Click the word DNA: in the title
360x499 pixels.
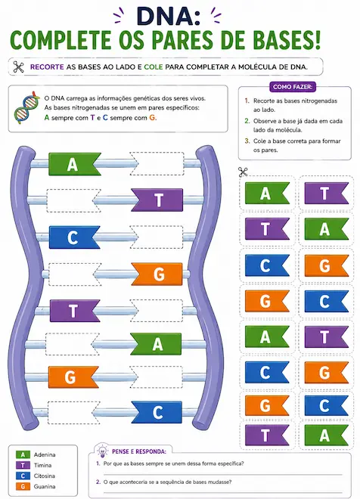coord(169,17)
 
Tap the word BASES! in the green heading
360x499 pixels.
coord(283,40)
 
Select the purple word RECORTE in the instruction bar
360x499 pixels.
coord(47,67)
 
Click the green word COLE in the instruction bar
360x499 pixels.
coord(154,67)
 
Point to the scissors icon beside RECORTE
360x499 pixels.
coord(18,67)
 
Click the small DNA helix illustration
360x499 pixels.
coord(27,108)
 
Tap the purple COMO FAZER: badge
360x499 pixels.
coord(293,87)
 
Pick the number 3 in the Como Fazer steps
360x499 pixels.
coord(247,141)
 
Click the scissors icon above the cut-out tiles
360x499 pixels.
coord(243,172)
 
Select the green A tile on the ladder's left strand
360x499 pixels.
coord(74,164)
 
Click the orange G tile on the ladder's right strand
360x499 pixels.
coord(157,274)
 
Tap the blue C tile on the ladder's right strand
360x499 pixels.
coord(157,413)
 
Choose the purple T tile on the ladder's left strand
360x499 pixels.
coord(75,311)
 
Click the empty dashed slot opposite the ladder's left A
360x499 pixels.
coord(157,163)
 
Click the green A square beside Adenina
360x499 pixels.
coord(23,454)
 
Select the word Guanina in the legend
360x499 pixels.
coord(45,486)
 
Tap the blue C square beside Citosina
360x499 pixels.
coord(23,476)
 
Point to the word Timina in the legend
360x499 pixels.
coord(42,465)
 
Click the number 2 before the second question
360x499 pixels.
coord(98,482)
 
